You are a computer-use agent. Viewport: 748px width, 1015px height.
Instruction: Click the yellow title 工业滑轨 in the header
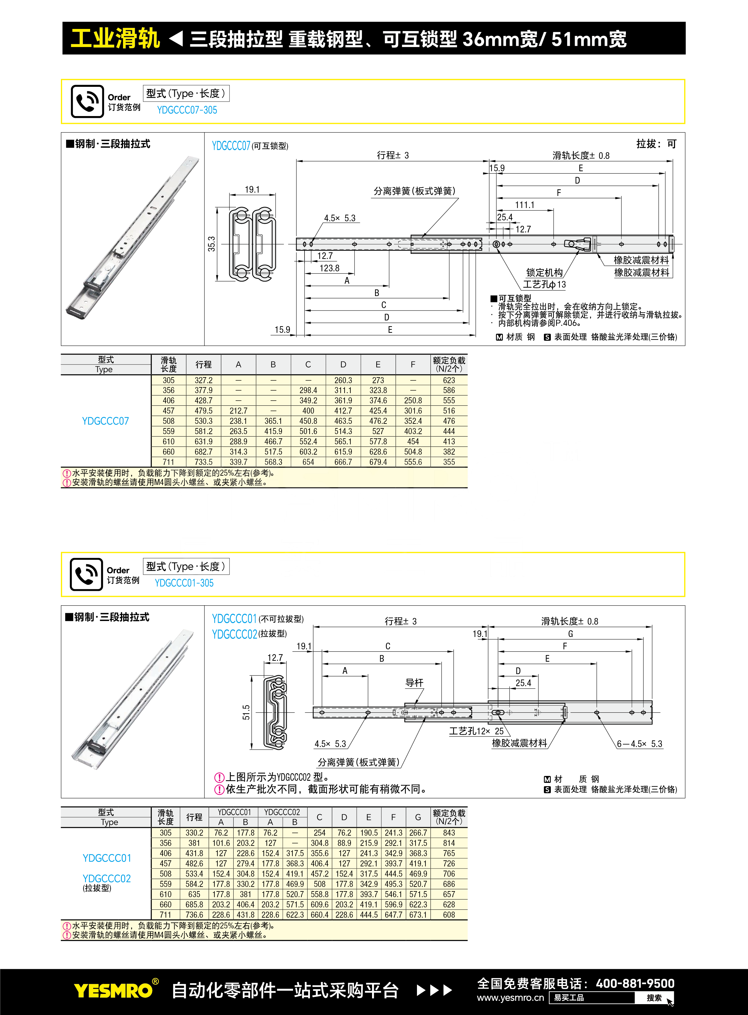click(115, 39)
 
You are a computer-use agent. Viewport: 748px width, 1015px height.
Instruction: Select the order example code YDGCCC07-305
click(187, 110)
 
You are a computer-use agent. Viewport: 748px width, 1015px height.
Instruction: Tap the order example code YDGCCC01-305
click(184, 583)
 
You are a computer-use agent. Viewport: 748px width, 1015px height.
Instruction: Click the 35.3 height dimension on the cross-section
click(211, 244)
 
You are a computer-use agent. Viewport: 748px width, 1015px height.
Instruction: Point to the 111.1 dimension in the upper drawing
click(525, 205)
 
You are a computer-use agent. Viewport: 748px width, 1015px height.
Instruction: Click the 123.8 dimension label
click(329, 268)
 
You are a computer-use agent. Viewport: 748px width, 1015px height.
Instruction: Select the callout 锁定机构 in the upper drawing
click(544, 273)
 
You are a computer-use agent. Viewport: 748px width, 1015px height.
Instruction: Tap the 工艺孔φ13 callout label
click(545, 284)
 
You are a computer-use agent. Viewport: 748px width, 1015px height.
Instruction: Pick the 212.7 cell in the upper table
click(238, 411)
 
